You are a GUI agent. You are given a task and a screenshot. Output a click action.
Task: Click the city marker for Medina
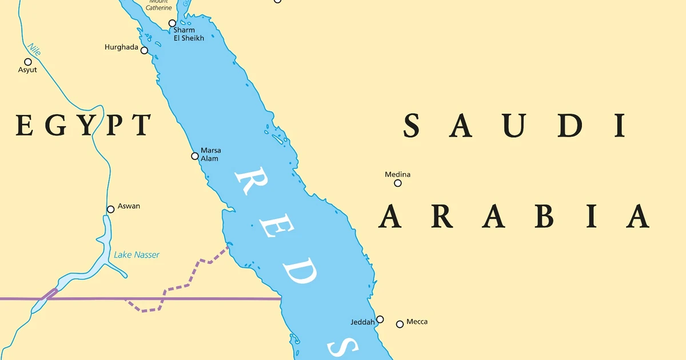[398, 183]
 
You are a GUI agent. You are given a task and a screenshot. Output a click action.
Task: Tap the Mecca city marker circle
[400, 324]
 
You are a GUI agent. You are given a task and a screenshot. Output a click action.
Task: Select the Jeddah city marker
[380, 319]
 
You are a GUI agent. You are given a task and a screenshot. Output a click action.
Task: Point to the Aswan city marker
[111, 209]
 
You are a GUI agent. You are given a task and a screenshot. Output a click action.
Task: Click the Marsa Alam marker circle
[195, 156]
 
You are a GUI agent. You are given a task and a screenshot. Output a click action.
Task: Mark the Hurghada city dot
[144, 50]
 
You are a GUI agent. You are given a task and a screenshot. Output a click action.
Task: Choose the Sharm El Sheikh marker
[172, 23]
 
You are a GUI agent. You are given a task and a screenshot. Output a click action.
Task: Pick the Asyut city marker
[27, 62]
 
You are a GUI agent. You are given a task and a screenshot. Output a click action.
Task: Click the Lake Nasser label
[137, 255]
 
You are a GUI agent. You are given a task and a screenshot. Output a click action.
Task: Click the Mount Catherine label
[158, 6]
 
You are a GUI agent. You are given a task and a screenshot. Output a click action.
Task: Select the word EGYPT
[83, 125]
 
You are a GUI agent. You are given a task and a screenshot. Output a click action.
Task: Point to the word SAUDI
[514, 126]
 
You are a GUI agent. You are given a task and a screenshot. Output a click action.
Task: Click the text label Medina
[397, 174]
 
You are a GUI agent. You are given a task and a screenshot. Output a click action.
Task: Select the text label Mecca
[417, 322]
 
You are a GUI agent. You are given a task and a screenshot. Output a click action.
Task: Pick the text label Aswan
[129, 206]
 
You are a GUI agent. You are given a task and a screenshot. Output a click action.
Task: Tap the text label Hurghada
[121, 47]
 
